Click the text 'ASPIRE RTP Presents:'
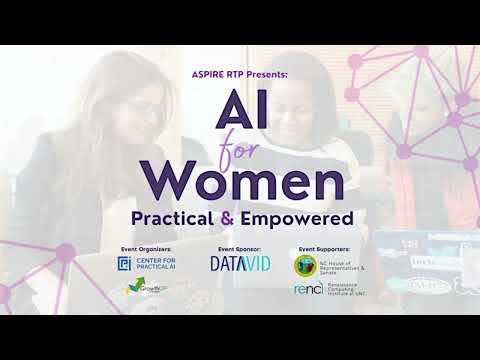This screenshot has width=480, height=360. click(x=240, y=76)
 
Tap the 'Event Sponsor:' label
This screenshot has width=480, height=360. click(x=236, y=246)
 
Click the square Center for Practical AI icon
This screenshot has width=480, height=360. click(x=125, y=263)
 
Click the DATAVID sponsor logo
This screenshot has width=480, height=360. click(x=236, y=264)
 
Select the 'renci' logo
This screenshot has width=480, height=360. click(x=306, y=291)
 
